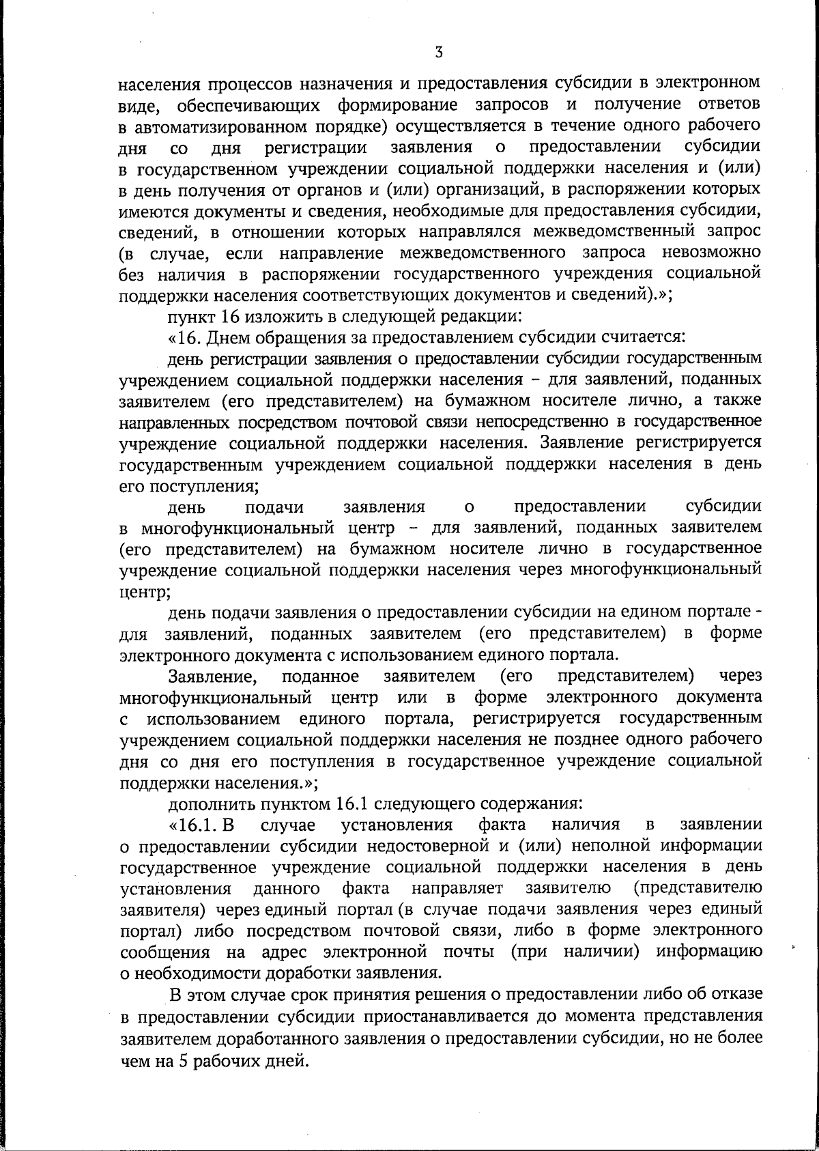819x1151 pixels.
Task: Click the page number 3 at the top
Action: pos(439,52)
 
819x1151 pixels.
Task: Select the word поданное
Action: pos(320,677)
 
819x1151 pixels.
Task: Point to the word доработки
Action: pos(319,973)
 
